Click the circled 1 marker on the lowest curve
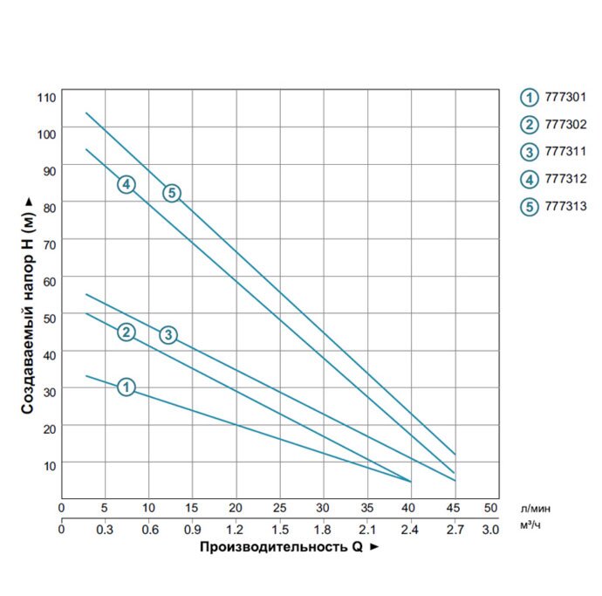click(x=126, y=387)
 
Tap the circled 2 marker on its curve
click(x=126, y=332)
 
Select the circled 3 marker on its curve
click(x=168, y=335)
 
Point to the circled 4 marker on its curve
click(x=126, y=185)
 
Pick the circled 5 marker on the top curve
click(x=172, y=193)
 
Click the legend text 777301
click(x=565, y=97)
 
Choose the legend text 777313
click(x=565, y=206)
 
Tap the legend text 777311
click(x=565, y=151)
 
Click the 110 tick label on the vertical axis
click(x=46, y=98)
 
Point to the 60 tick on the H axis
click(x=50, y=282)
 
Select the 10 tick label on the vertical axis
click(x=50, y=466)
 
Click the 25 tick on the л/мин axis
click(x=279, y=508)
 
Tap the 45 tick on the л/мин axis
click(x=453, y=508)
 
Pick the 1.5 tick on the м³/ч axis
click(x=280, y=530)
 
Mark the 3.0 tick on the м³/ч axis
click(x=490, y=530)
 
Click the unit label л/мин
click(x=536, y=509)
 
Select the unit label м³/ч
click(x=530, y=524)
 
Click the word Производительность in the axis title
click(x=273, y=547)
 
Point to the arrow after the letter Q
click(x=374, y=547)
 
